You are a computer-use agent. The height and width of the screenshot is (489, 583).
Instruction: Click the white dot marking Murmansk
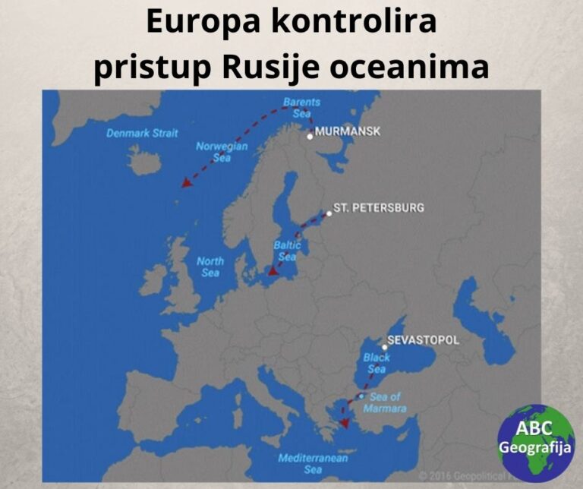tap(310, 137)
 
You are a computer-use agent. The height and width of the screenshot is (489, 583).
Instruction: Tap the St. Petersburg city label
tap(379, 207)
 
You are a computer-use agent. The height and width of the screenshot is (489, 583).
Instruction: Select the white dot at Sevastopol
tap(385, 347)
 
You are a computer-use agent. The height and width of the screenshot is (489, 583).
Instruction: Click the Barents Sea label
tap(301, 106)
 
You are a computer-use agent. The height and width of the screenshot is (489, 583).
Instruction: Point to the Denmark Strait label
tap(142, 133)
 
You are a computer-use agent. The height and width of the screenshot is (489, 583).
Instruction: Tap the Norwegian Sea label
tap(222, 152)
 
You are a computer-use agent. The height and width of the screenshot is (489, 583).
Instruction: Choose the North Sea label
tap(210, 267)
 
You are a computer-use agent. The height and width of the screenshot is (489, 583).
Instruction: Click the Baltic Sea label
tap(287, 251)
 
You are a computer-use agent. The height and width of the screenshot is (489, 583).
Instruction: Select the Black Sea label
tap(377, 362)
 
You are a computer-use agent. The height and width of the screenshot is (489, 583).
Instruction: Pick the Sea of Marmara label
tap(389, 402)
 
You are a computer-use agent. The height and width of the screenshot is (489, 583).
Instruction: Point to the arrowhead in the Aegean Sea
tap(344, 423)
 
